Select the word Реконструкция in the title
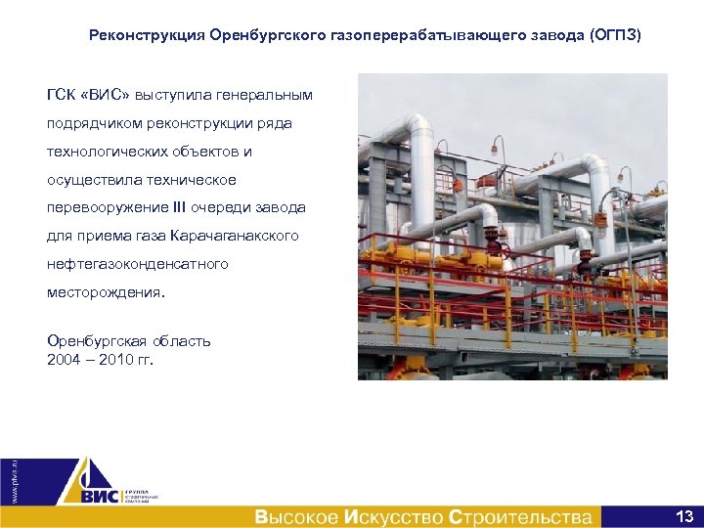click(146, 35)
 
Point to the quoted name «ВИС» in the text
click(107, 96)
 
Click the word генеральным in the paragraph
click(263, 96)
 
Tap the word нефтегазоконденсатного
click(138, 264)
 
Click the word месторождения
click(106, 292)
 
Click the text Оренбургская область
click(129, 341)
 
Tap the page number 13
click(683, 515)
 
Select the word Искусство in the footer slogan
click(393, 516)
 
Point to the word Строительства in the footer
click(519, 516)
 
